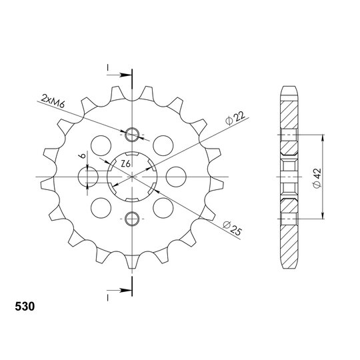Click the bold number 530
pos(25,307)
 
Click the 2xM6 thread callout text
pos(53,101)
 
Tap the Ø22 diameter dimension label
pos(235,118)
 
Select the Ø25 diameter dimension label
pos(232,228)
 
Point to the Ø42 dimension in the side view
pos(317,178)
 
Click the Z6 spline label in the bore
pos(126,164)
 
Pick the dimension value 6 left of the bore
pos(82,155)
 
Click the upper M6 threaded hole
pos(132,135)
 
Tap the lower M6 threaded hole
pos(132,219)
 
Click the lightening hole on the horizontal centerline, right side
pos(176,177)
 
